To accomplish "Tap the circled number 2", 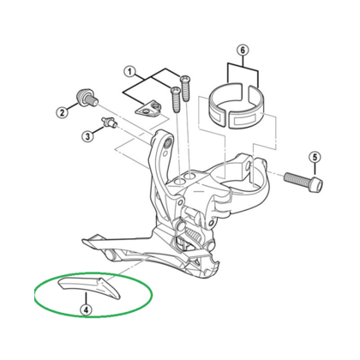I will pyautogui.click(x=63, y=111).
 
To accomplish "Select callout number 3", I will pyautogui.click(x=87, y=135).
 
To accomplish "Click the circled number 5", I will pyautogui.click(x=315, y=157).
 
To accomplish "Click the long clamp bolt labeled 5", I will pyautogui.click(x=300, y=180).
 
